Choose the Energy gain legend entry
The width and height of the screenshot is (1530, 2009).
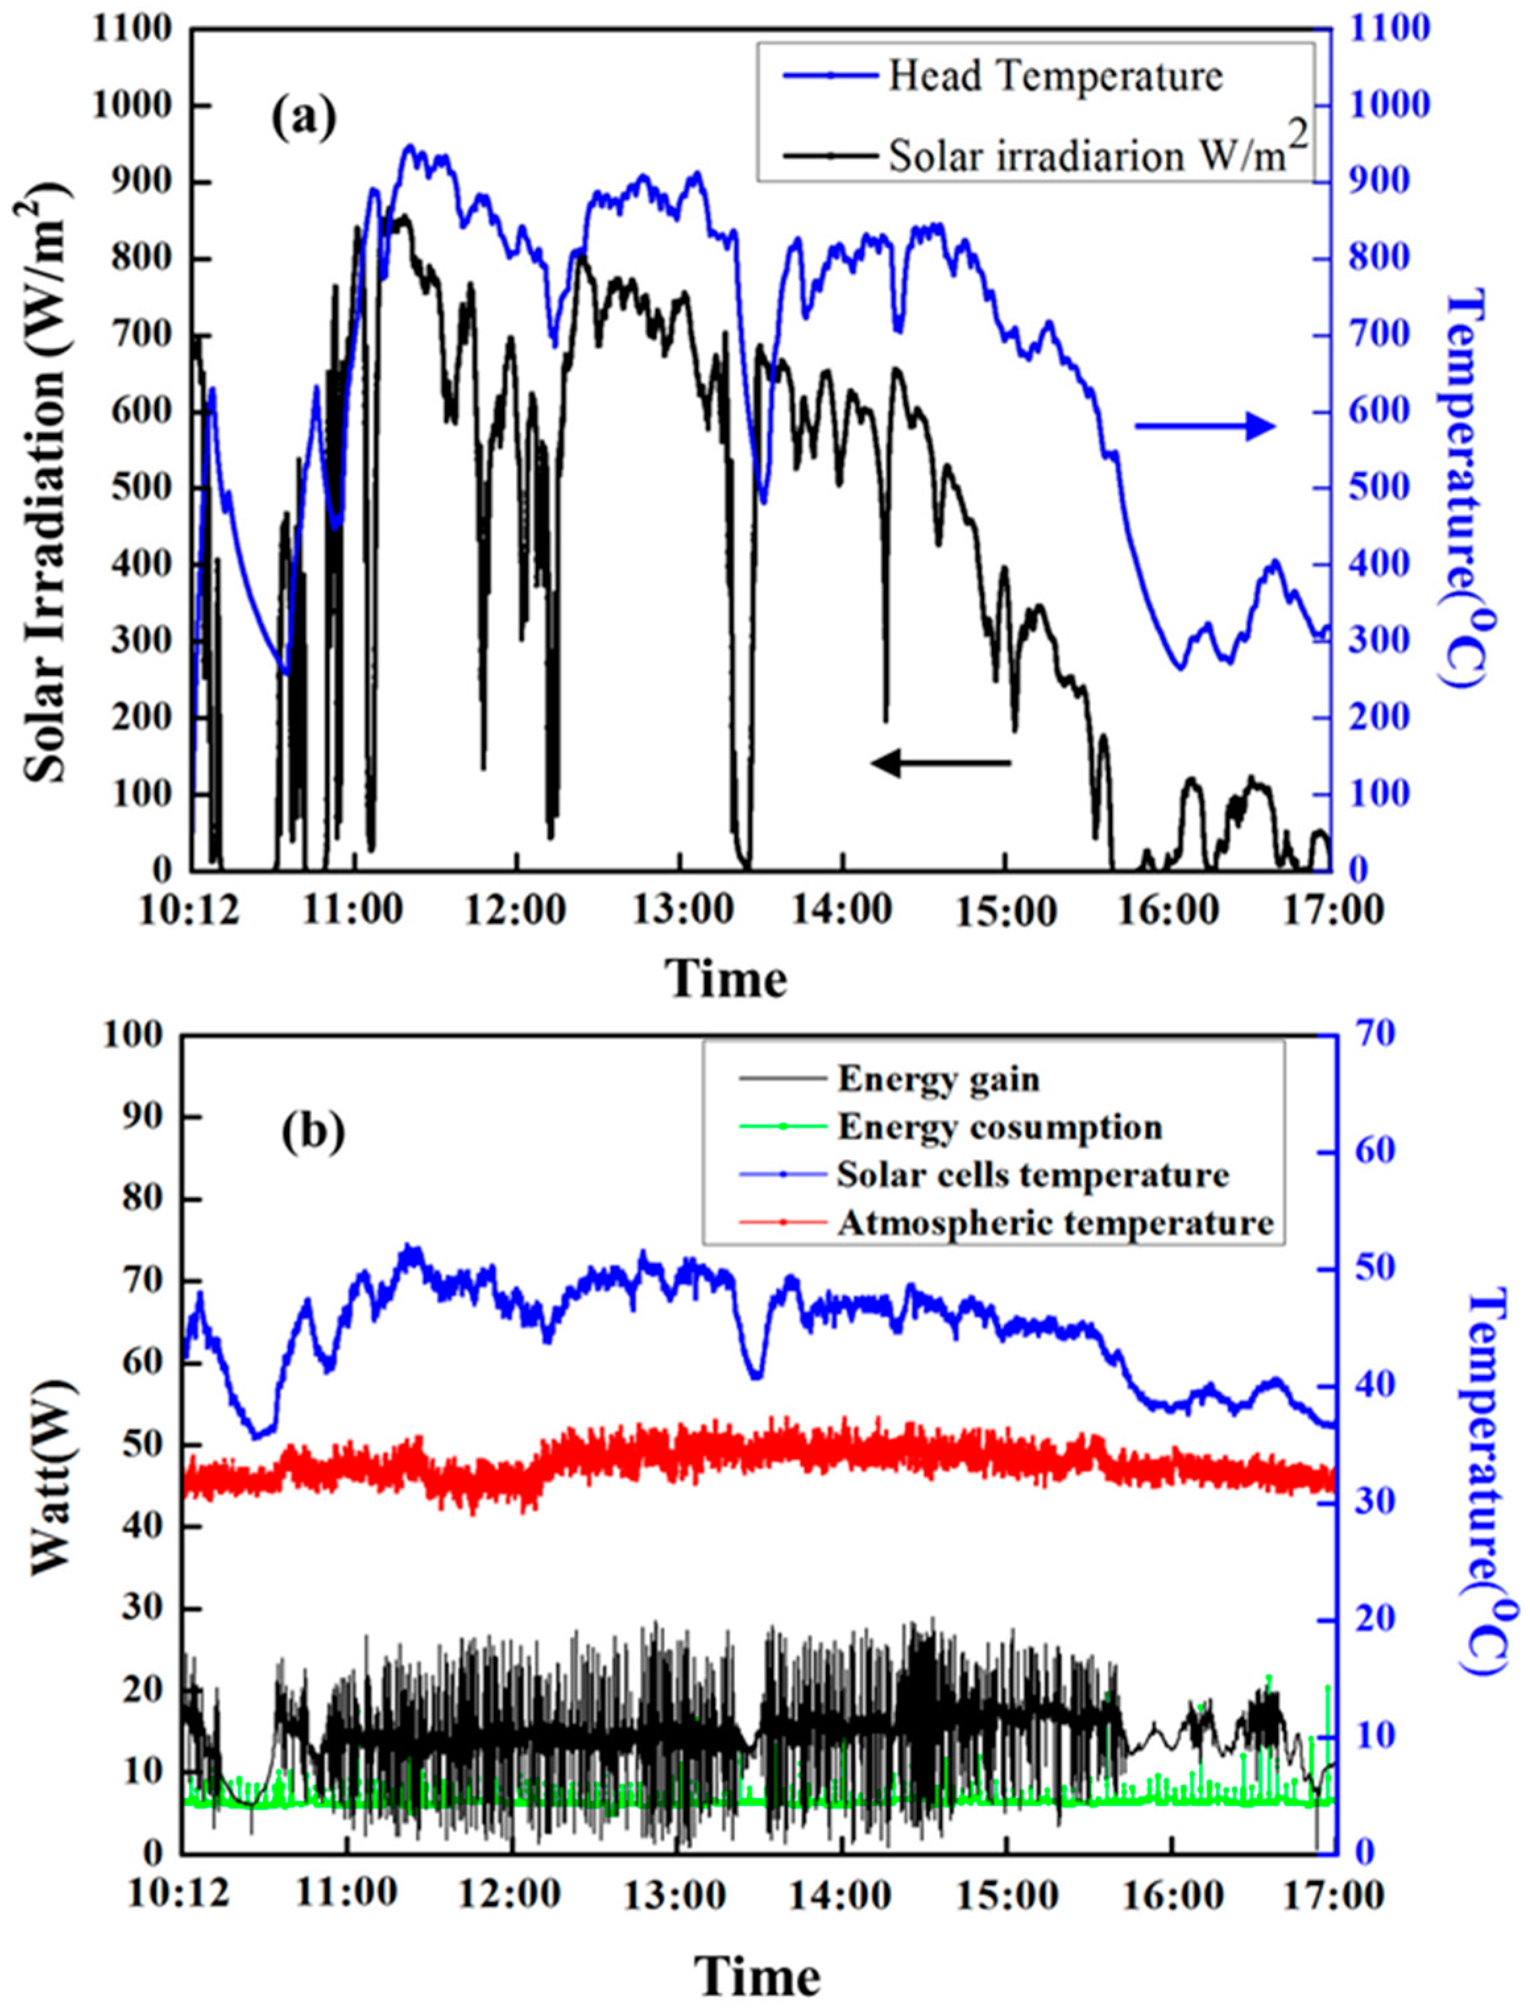938,1079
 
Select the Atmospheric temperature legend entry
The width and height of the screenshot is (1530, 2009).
1055,1222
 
